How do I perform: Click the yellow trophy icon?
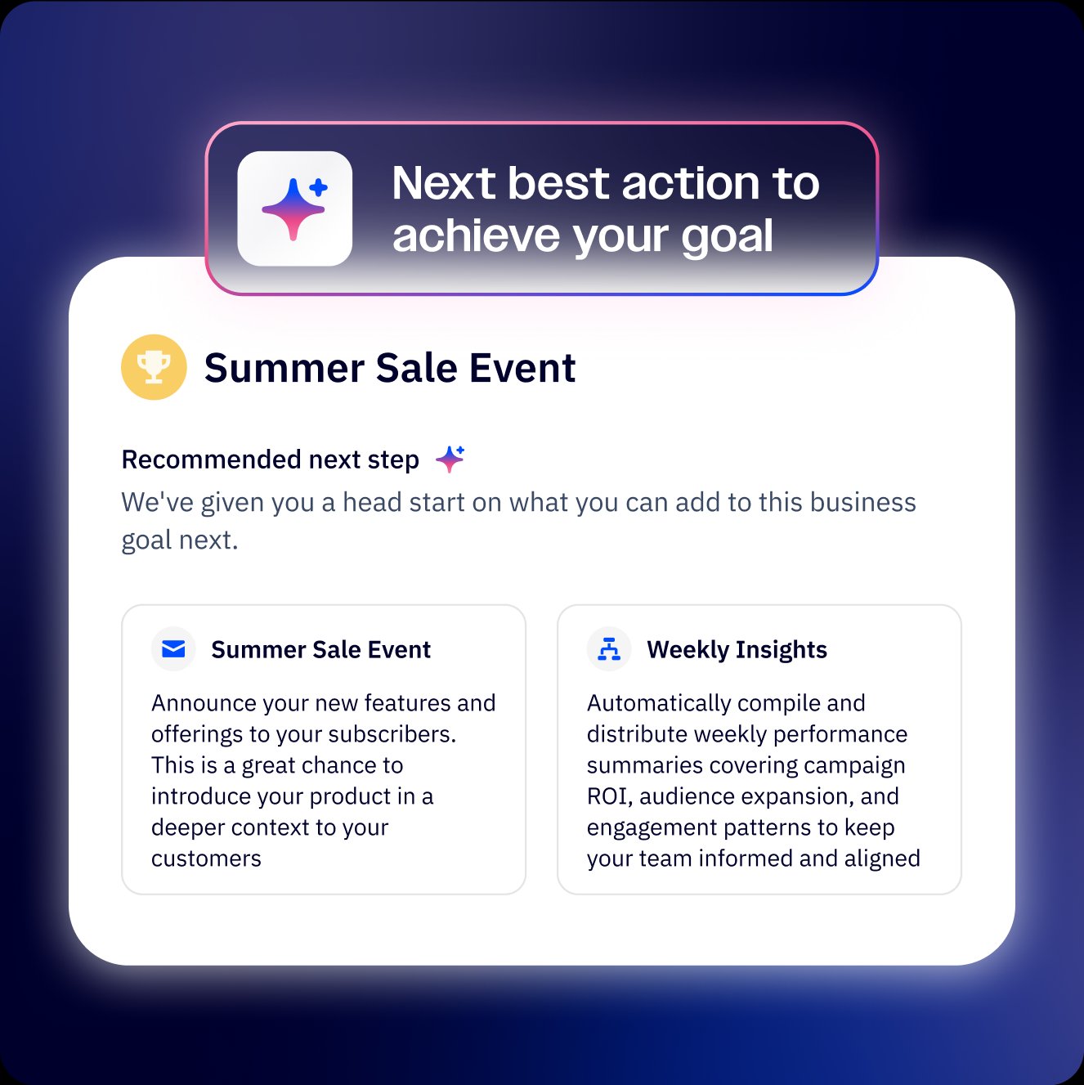tap(154, 367)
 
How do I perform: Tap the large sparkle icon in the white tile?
tap(294, 208)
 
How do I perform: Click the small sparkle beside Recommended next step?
tap(450, 459)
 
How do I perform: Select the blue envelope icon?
tap(173, 649)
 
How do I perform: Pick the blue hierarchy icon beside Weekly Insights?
tap(609, 649)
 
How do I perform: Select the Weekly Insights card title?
tap(737, 650)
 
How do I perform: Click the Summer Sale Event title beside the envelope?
tap(320, 650)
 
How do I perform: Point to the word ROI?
tap(608, 796)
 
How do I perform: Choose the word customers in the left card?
tap(206, 859)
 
